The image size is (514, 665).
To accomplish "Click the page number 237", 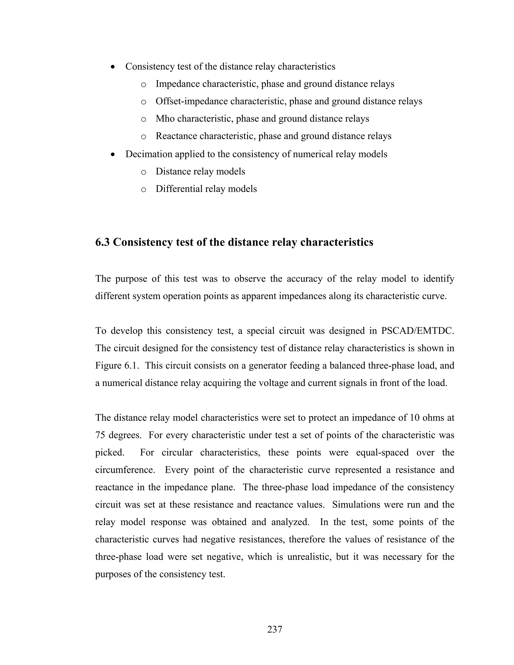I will [x=275, y=629].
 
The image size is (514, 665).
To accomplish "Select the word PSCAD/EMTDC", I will [x=417, y=331].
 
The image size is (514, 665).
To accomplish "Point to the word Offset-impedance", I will [x=191, y=101].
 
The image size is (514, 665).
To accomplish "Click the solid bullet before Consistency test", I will [x=113, y=67].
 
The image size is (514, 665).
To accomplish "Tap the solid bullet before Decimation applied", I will [x=113, y=154].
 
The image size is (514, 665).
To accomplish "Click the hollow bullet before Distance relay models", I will [x=144, y=172].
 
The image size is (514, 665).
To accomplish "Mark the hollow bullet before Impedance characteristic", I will [x=144, y=85].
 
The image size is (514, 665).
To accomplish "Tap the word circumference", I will [x=124, y=470].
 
